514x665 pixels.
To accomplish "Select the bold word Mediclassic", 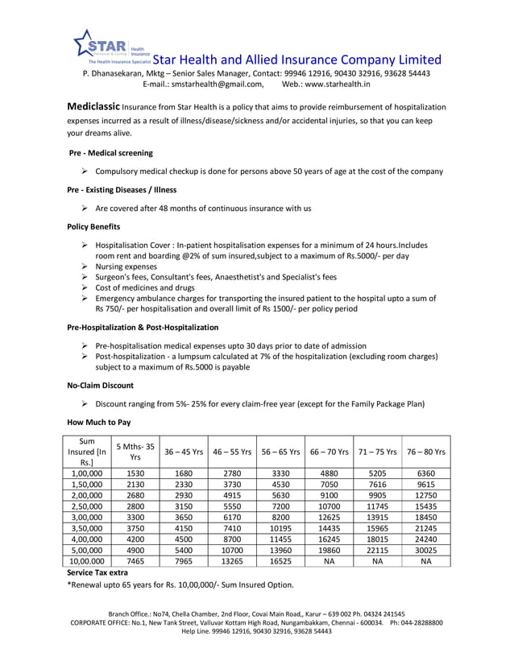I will pos(93,106).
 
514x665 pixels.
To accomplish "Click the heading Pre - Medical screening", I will pos(110,152).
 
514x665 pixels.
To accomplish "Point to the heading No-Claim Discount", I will pos(100,386).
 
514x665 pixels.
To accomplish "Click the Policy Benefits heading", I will pos(93,227).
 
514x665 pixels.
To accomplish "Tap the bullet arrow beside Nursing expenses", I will pos(85,266).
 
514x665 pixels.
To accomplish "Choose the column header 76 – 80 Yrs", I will pos(426,452).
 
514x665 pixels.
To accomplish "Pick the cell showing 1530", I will pos(135,473).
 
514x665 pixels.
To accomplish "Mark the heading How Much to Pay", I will pos(98,422).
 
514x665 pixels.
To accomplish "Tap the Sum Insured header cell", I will pos(86,452).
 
